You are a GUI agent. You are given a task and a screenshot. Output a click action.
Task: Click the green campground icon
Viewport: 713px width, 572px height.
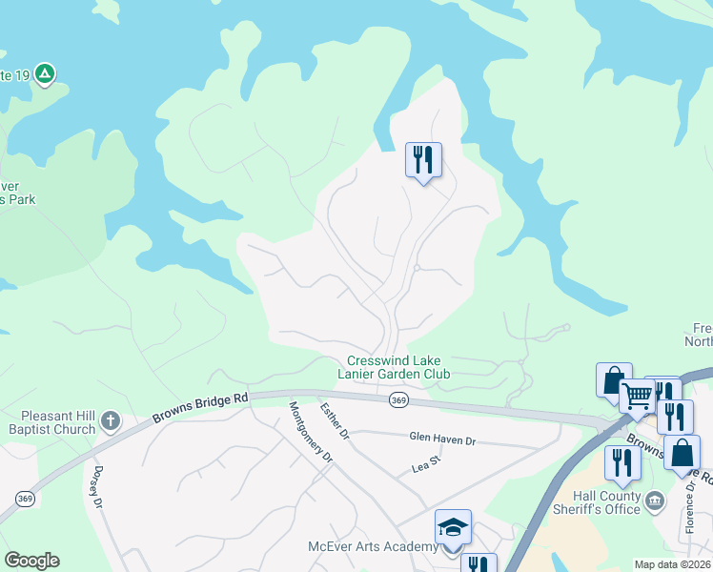tap(45, 73)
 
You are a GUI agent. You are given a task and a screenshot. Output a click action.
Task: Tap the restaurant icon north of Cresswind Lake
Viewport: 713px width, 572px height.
tap(423, 158)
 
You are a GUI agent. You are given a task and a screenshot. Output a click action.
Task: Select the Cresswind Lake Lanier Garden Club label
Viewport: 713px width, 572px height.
tap(398, 367)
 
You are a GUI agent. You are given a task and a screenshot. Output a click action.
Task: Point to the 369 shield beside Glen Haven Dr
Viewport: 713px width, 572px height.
tap(398, 401)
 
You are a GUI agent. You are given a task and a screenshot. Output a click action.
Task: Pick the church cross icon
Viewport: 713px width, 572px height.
tap(111, 419)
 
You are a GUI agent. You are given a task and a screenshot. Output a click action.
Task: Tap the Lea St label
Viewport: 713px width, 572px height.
tap(425, 463)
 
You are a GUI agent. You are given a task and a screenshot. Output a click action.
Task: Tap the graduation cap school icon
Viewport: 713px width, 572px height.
tap(453, 526)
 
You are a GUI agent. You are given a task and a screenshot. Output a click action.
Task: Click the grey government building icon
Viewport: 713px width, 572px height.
tap(655, 500)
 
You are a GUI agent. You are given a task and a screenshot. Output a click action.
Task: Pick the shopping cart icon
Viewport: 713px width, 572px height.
tap(637, 395)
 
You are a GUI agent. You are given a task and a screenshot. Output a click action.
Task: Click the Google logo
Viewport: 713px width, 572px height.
tap(32, 561)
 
